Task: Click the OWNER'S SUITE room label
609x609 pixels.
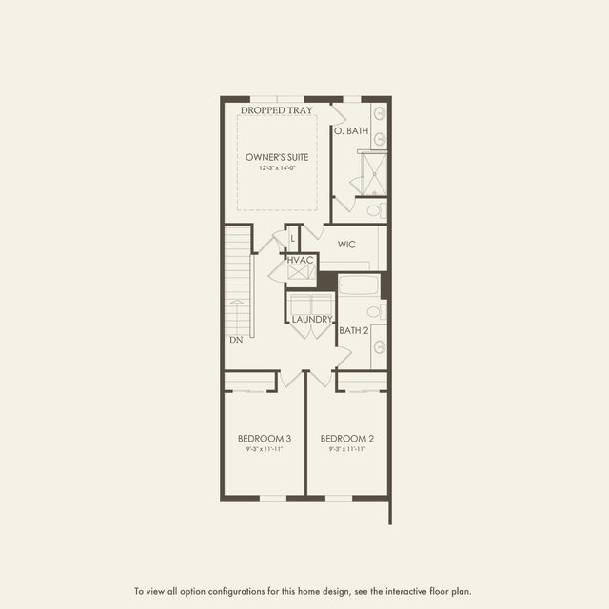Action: (x=277, y=156)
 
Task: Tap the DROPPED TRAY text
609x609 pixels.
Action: (x=277, y=110)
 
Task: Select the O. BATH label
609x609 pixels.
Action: (x=351, y=130)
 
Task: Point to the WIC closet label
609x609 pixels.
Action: (x=346, y=245)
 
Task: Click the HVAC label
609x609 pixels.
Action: (x=301, y=260)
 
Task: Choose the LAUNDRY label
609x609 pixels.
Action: (x=311, y=319)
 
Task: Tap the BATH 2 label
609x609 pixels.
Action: (x=354, y=331)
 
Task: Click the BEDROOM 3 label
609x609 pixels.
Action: (x=264, y=439)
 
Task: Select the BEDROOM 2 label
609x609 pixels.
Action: (x=346, y=439)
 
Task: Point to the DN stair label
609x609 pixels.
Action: (x=235, y=339)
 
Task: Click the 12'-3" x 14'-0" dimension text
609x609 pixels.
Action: (x=277, y=168)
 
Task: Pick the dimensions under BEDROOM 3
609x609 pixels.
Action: (x=264, y=450)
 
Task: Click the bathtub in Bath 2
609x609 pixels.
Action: (x=359, y=285)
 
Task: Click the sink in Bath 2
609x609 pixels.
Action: (x=379, y=346)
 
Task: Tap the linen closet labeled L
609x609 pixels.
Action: (x=293, y=237)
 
